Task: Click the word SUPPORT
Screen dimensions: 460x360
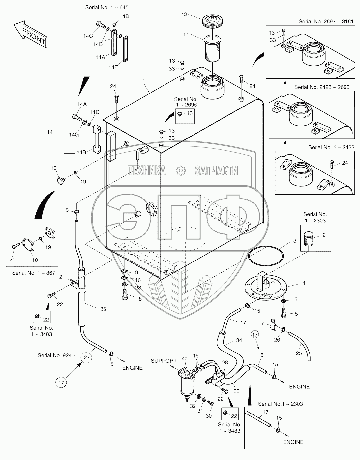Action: tap(164, 361)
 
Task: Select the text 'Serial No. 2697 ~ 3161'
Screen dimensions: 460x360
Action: tap(326, 21)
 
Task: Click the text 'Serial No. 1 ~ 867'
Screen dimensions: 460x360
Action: tap(34, 273)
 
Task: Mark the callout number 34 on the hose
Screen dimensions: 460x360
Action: tap(239, 340)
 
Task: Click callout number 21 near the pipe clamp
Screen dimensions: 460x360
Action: tap(62, 277)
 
